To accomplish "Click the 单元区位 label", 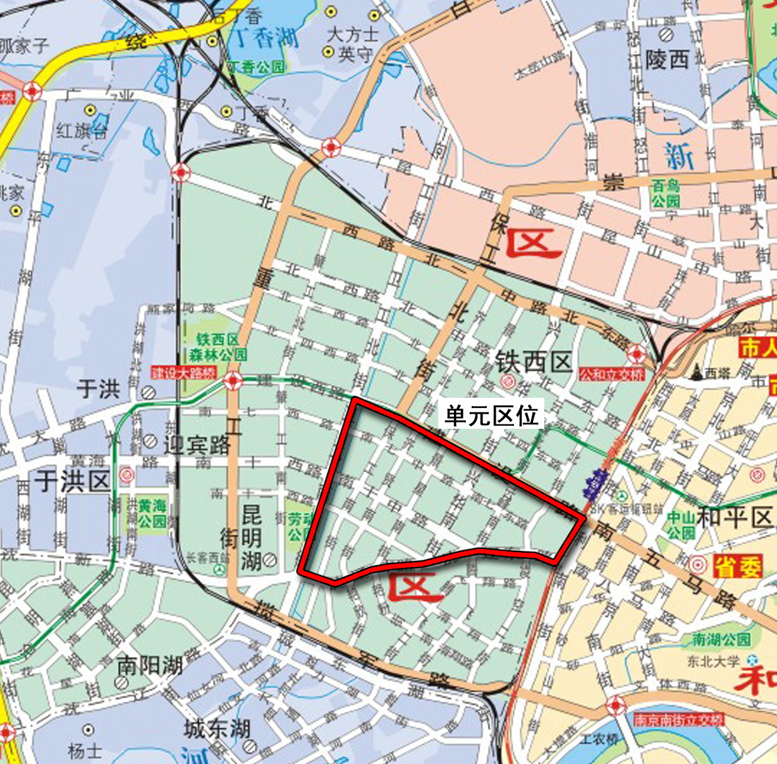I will pyautogui.click(x=491, y=416).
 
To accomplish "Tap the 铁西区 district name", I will pyautogui.click(x=534, y=362).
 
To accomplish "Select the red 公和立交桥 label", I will pyautogui.click(x=611, y=374).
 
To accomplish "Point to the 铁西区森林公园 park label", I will pyautogui.click(x=217, y=347).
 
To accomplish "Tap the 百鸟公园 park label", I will pyautogui.click(x=666, y=193).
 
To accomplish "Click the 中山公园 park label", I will pyautogui.click(x=680, y=525).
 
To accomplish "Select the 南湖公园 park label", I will pyautogui.click(x=721, y=640).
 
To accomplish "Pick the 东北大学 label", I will pyautogui.click(x=713, y=662).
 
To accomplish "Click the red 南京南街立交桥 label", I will pyautogui.click(x=678, y=720).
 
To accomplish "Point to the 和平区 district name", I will pyautogui.click(x=735, y=517).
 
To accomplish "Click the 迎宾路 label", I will pyautogui.click(x=197, y=445).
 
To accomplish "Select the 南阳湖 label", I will pyautogui.click(x=150, y=665).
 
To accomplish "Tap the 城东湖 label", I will pyautogui.click(x=217, y=729).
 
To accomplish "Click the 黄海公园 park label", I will pyautogui.click(x=152, y=514).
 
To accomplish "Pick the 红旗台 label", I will pyautogui.click(x=82, y=130).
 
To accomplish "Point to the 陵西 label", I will pyautogui.click(x=666, y=60).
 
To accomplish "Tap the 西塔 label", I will pyautogui.click(x=717, y=374).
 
